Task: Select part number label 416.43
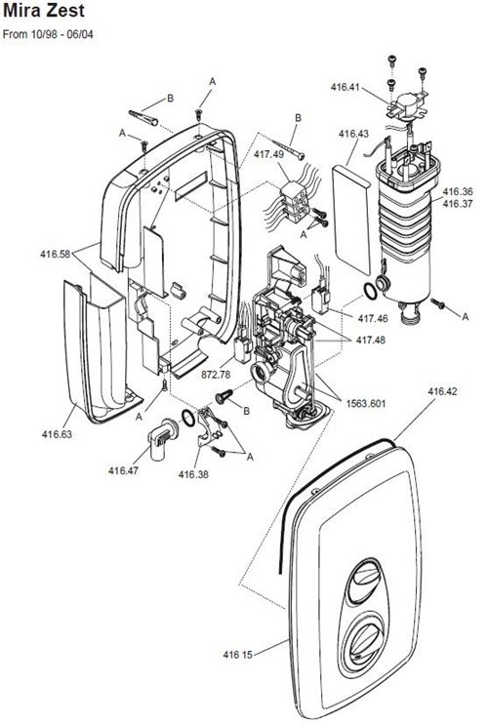tap(353, 134)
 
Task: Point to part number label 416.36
tap(458, 191)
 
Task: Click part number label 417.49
tap(268, 153)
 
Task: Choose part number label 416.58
tap(56, 254)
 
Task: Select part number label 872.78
tap(217, 374)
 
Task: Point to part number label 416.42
tap(442, 391)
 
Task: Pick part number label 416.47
tap(124, 470)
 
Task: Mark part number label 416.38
tap(194, 474)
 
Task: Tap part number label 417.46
tap(373, 318)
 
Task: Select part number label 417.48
tap(373, 340)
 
